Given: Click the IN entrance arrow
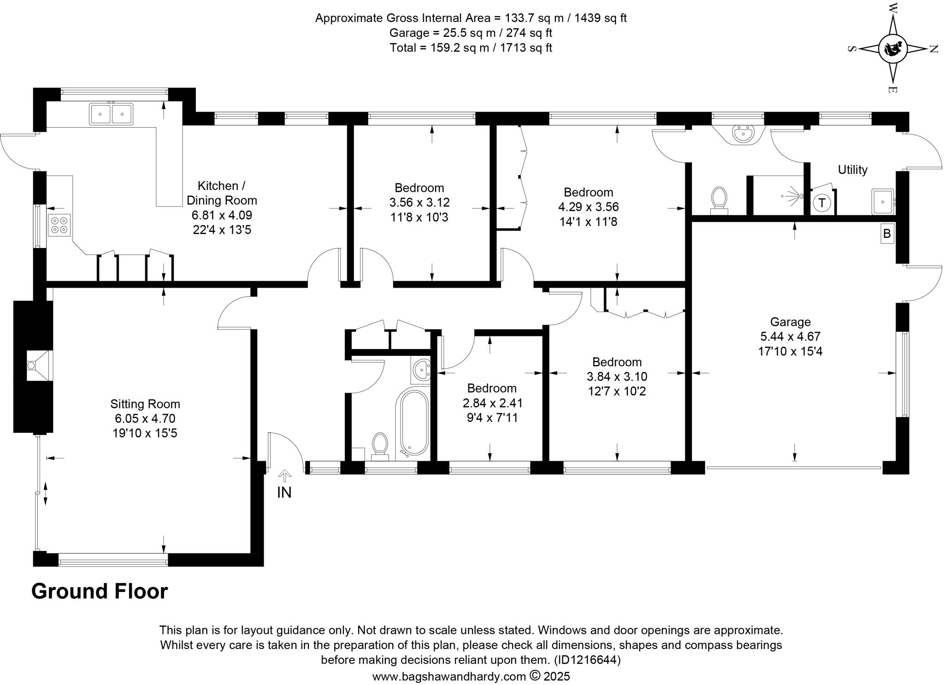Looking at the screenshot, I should tap(284, 476).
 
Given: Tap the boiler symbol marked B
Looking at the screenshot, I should tap(886, 234).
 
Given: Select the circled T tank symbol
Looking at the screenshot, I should tap(821, 203).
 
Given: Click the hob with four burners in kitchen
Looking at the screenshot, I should tap(59, 225).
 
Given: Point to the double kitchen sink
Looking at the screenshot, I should tap(111, 114).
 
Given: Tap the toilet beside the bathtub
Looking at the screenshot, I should tap(380, 446).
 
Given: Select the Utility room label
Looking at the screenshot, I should tap(852, 170).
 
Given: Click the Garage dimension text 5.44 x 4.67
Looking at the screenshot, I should tap(790, 337).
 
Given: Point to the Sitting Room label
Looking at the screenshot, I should tap(145, 404).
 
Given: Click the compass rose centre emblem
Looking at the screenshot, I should tap(893, 49).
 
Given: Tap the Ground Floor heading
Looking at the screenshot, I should tap(100, 591).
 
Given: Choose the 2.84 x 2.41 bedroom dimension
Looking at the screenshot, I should tap(492, 403).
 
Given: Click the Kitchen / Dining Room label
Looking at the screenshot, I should tap(222, 193).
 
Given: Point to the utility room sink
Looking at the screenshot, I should tap(882, 202).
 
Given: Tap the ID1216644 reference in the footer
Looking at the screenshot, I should tap(587, 660).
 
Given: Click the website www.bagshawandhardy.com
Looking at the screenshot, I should tap(449, 676).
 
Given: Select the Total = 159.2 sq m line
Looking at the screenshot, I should tap(471, 48).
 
